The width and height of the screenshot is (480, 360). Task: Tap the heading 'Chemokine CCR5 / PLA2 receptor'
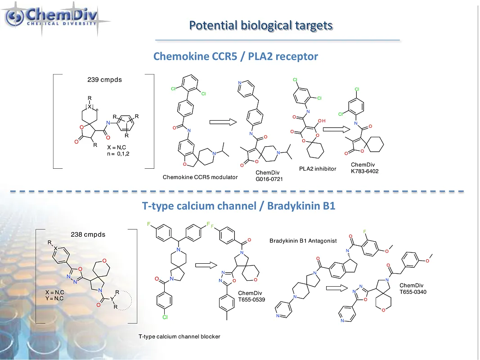click(235, 56)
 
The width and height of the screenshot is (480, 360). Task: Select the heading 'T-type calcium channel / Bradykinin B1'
click(238, 206)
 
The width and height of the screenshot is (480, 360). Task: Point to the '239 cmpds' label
click(104, 80)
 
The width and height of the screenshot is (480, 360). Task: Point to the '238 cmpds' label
click(88, 234)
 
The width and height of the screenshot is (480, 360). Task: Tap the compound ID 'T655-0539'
click(251, 300)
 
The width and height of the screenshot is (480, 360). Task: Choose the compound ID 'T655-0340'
click(413, 292)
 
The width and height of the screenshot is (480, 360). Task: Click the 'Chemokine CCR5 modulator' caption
click(200, 177)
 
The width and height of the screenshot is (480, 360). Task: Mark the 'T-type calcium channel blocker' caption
click(179, 336)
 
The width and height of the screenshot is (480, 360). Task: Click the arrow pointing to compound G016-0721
click(223, 121)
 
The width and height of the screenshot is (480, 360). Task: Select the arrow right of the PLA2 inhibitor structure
click(336, 130)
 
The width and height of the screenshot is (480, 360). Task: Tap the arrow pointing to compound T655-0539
click(207, 266)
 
